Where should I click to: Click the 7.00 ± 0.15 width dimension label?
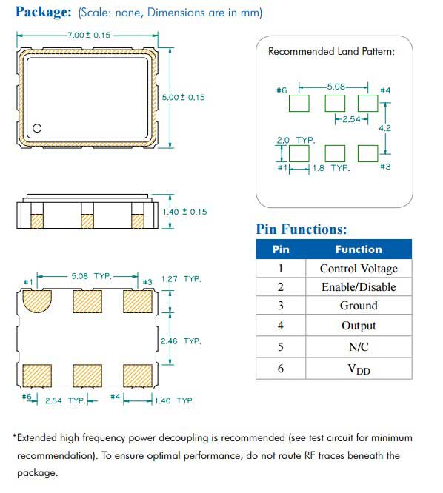click(x=89, y=35)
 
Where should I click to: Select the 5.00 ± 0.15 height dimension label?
click(x=184, y=97)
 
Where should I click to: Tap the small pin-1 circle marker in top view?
click(x=37, y=128)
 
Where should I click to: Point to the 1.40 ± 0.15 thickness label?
click(x=185, y=212)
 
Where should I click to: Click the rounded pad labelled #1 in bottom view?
click(x=37, y=301)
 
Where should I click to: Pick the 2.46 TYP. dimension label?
click(x=181, y=341)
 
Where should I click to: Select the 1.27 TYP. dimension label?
click(x=181, y=279)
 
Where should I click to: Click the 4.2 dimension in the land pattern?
click(x=384, y=128)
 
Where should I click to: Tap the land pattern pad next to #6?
click(x=299, y=103)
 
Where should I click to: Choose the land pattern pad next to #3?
click(x=367, y=153)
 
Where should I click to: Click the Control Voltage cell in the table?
click(x=359, y=269)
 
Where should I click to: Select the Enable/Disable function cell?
click(x=359, y=286)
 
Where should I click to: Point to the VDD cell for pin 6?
click(x=359, y=369)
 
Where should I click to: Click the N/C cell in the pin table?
click(x=359, y=346)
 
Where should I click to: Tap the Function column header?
click(x=359, y=249)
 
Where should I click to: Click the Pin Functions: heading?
click(x=301, y=229)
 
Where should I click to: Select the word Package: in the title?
click(x=44, y=12)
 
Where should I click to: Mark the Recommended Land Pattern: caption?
click(x=331, y=51)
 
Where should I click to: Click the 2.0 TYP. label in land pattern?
click(x=296, y=140)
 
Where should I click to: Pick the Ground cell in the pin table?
click(x=359, y=305)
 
